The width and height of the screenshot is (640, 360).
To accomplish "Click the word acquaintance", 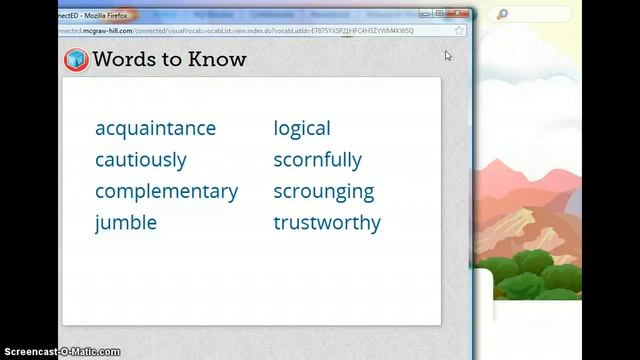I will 155,129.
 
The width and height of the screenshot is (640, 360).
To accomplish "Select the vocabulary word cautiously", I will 141,160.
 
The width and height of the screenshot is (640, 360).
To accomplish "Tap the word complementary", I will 166,191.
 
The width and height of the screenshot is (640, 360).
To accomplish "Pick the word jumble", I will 126,222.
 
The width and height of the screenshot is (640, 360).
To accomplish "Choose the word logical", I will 302,129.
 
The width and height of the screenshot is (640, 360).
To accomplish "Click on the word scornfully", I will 317,160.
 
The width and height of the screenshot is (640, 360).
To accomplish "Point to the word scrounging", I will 324,191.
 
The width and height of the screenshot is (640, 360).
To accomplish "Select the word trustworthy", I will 327,222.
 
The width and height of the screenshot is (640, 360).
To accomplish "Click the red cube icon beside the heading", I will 75,59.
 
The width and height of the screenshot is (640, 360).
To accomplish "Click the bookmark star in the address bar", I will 459,31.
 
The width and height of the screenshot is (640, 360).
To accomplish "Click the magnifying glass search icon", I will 500,14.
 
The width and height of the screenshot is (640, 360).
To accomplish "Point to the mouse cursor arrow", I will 448,55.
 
